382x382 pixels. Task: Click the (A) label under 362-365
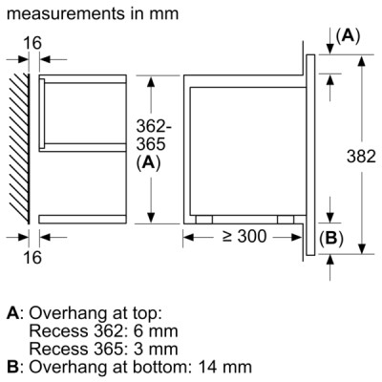click(x=146, y=162)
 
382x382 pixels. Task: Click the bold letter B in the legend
click(x=12, y=365)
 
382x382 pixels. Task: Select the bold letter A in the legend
click(x=12, y=313)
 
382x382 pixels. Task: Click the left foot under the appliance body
click(x=202, y=219)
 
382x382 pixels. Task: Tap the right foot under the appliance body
click(x=286, y=219)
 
